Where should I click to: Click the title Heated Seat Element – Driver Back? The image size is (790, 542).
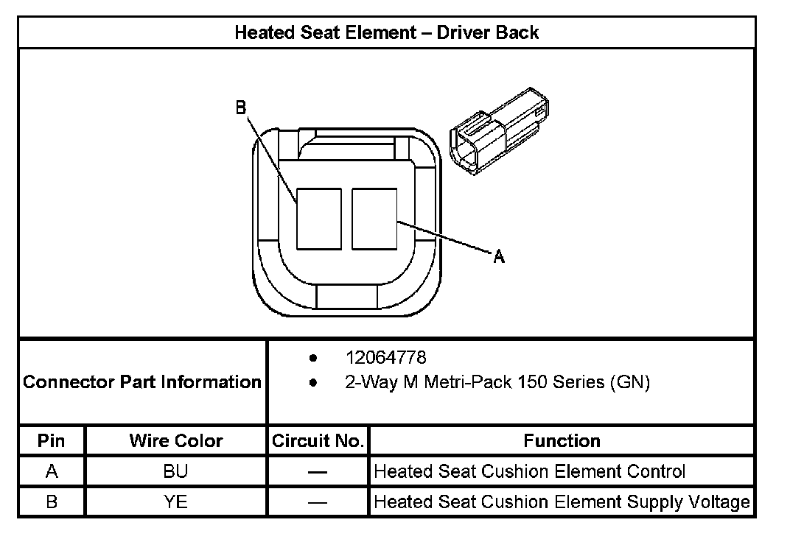point(386,32)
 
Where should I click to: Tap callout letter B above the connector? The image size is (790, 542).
point(240,108)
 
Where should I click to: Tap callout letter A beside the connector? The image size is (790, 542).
point(499,256)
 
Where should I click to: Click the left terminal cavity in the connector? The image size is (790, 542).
point(318,219)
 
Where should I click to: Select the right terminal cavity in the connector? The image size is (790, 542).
point(374,219)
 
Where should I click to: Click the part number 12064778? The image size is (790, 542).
point(385,358)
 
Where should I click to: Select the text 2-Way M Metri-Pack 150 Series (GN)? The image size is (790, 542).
point(497,383)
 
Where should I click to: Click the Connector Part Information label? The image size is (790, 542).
point(142,382)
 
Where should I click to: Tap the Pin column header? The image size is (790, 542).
point(52,441)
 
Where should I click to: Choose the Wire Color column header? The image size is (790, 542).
point(176,441)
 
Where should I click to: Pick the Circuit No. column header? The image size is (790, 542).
point(318,441)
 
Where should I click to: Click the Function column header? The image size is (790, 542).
point(562,441)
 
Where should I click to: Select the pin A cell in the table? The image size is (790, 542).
point(52,471)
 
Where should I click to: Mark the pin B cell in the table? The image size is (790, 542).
point(52,501)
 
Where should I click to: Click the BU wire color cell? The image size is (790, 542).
point(176,471)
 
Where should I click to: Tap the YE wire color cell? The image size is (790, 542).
point(176,501)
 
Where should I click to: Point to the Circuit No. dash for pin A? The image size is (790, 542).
point(318,472)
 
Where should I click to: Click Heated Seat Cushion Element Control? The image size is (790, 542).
point(530,471)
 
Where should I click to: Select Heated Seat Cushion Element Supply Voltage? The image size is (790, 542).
point(562,501)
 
